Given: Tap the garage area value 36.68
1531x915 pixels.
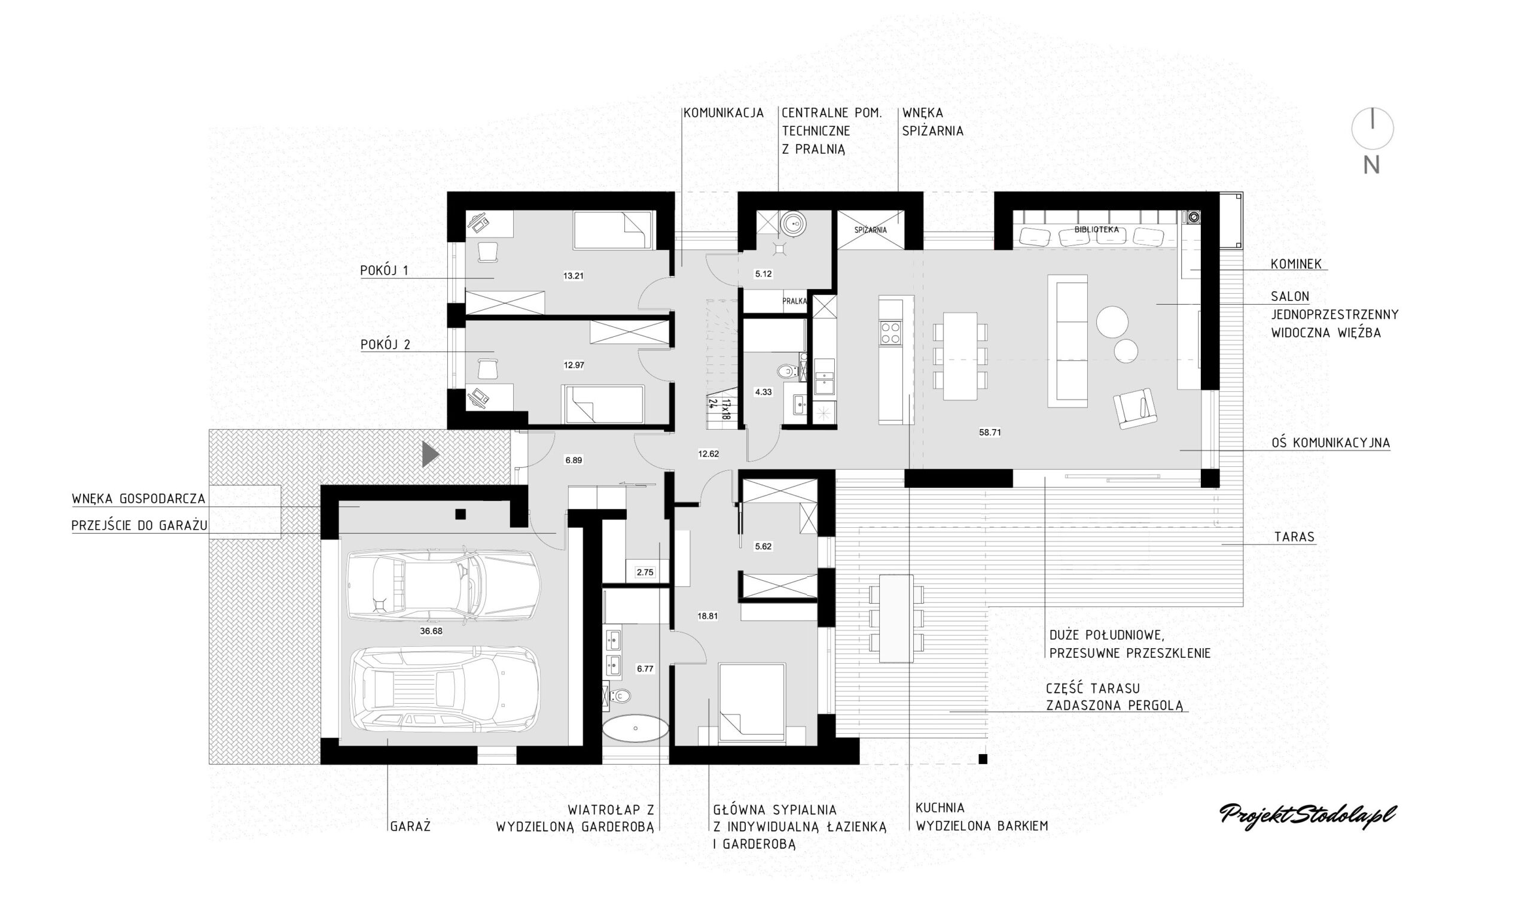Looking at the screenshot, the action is [431, 631].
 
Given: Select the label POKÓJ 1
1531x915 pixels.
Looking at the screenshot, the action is [385, 270].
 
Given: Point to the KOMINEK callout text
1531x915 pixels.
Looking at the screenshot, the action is [1297, 264].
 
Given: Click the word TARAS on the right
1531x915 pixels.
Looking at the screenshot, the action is [1294, 537].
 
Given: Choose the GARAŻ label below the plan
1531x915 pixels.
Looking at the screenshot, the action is [410, 826].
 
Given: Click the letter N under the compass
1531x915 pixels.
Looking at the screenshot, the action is [1371, 165].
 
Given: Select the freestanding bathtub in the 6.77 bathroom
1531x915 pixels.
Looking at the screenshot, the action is [635, 729].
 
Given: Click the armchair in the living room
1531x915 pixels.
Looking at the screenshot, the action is [1135, 408].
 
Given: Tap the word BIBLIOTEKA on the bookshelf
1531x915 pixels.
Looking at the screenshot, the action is [1097, 230].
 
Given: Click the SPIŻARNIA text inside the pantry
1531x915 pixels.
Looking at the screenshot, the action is [871, 230].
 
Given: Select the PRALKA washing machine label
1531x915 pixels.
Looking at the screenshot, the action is [795, 302].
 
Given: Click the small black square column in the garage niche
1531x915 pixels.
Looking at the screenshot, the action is [461, 514].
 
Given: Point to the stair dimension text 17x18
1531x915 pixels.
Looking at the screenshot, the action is [726, 409].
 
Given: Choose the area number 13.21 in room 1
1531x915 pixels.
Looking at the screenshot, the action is [574, 276].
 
